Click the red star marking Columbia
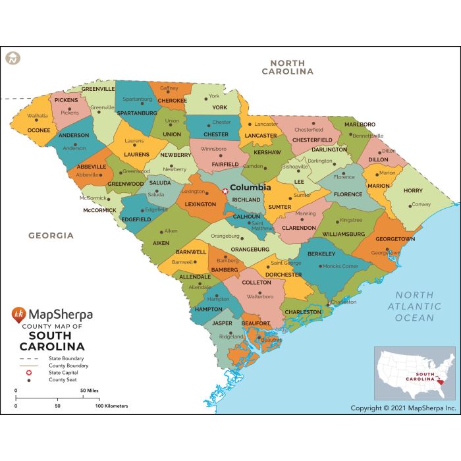coord(225,191)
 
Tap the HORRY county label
coord(413,190)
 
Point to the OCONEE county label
coord(39,130)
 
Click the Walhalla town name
coord(37,115)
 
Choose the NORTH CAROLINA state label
coord(287,67)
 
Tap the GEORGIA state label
coord(51,235)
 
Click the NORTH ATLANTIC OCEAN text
coord(414,306)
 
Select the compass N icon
coord(13,57)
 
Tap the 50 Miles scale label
coord(90,391)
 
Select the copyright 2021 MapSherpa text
coord(403,408)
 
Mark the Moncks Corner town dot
coord(321,266)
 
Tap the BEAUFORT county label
coord(256,323)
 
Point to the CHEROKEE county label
coord(173,101)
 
